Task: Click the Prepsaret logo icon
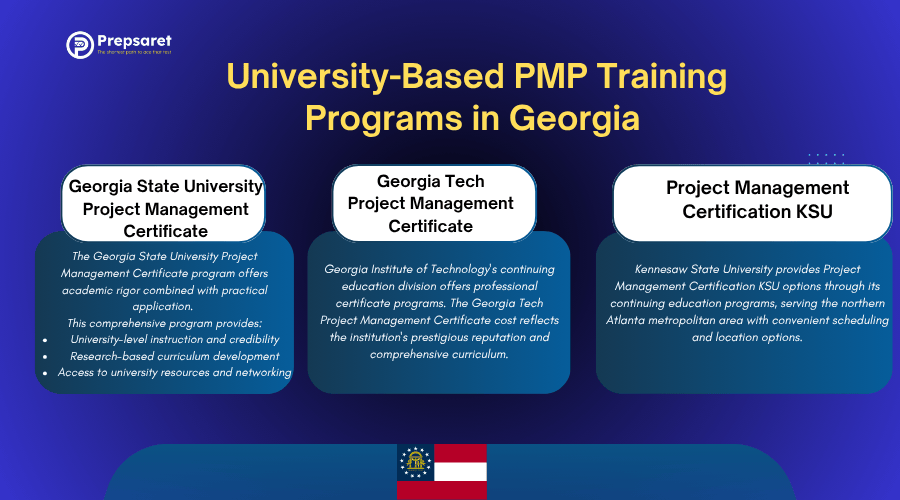coord(80,45)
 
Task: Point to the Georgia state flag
coord(442,472)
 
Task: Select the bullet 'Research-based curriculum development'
coord(174,356)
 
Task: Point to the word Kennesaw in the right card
coord(668,269)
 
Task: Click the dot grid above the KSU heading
coord(826,157)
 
